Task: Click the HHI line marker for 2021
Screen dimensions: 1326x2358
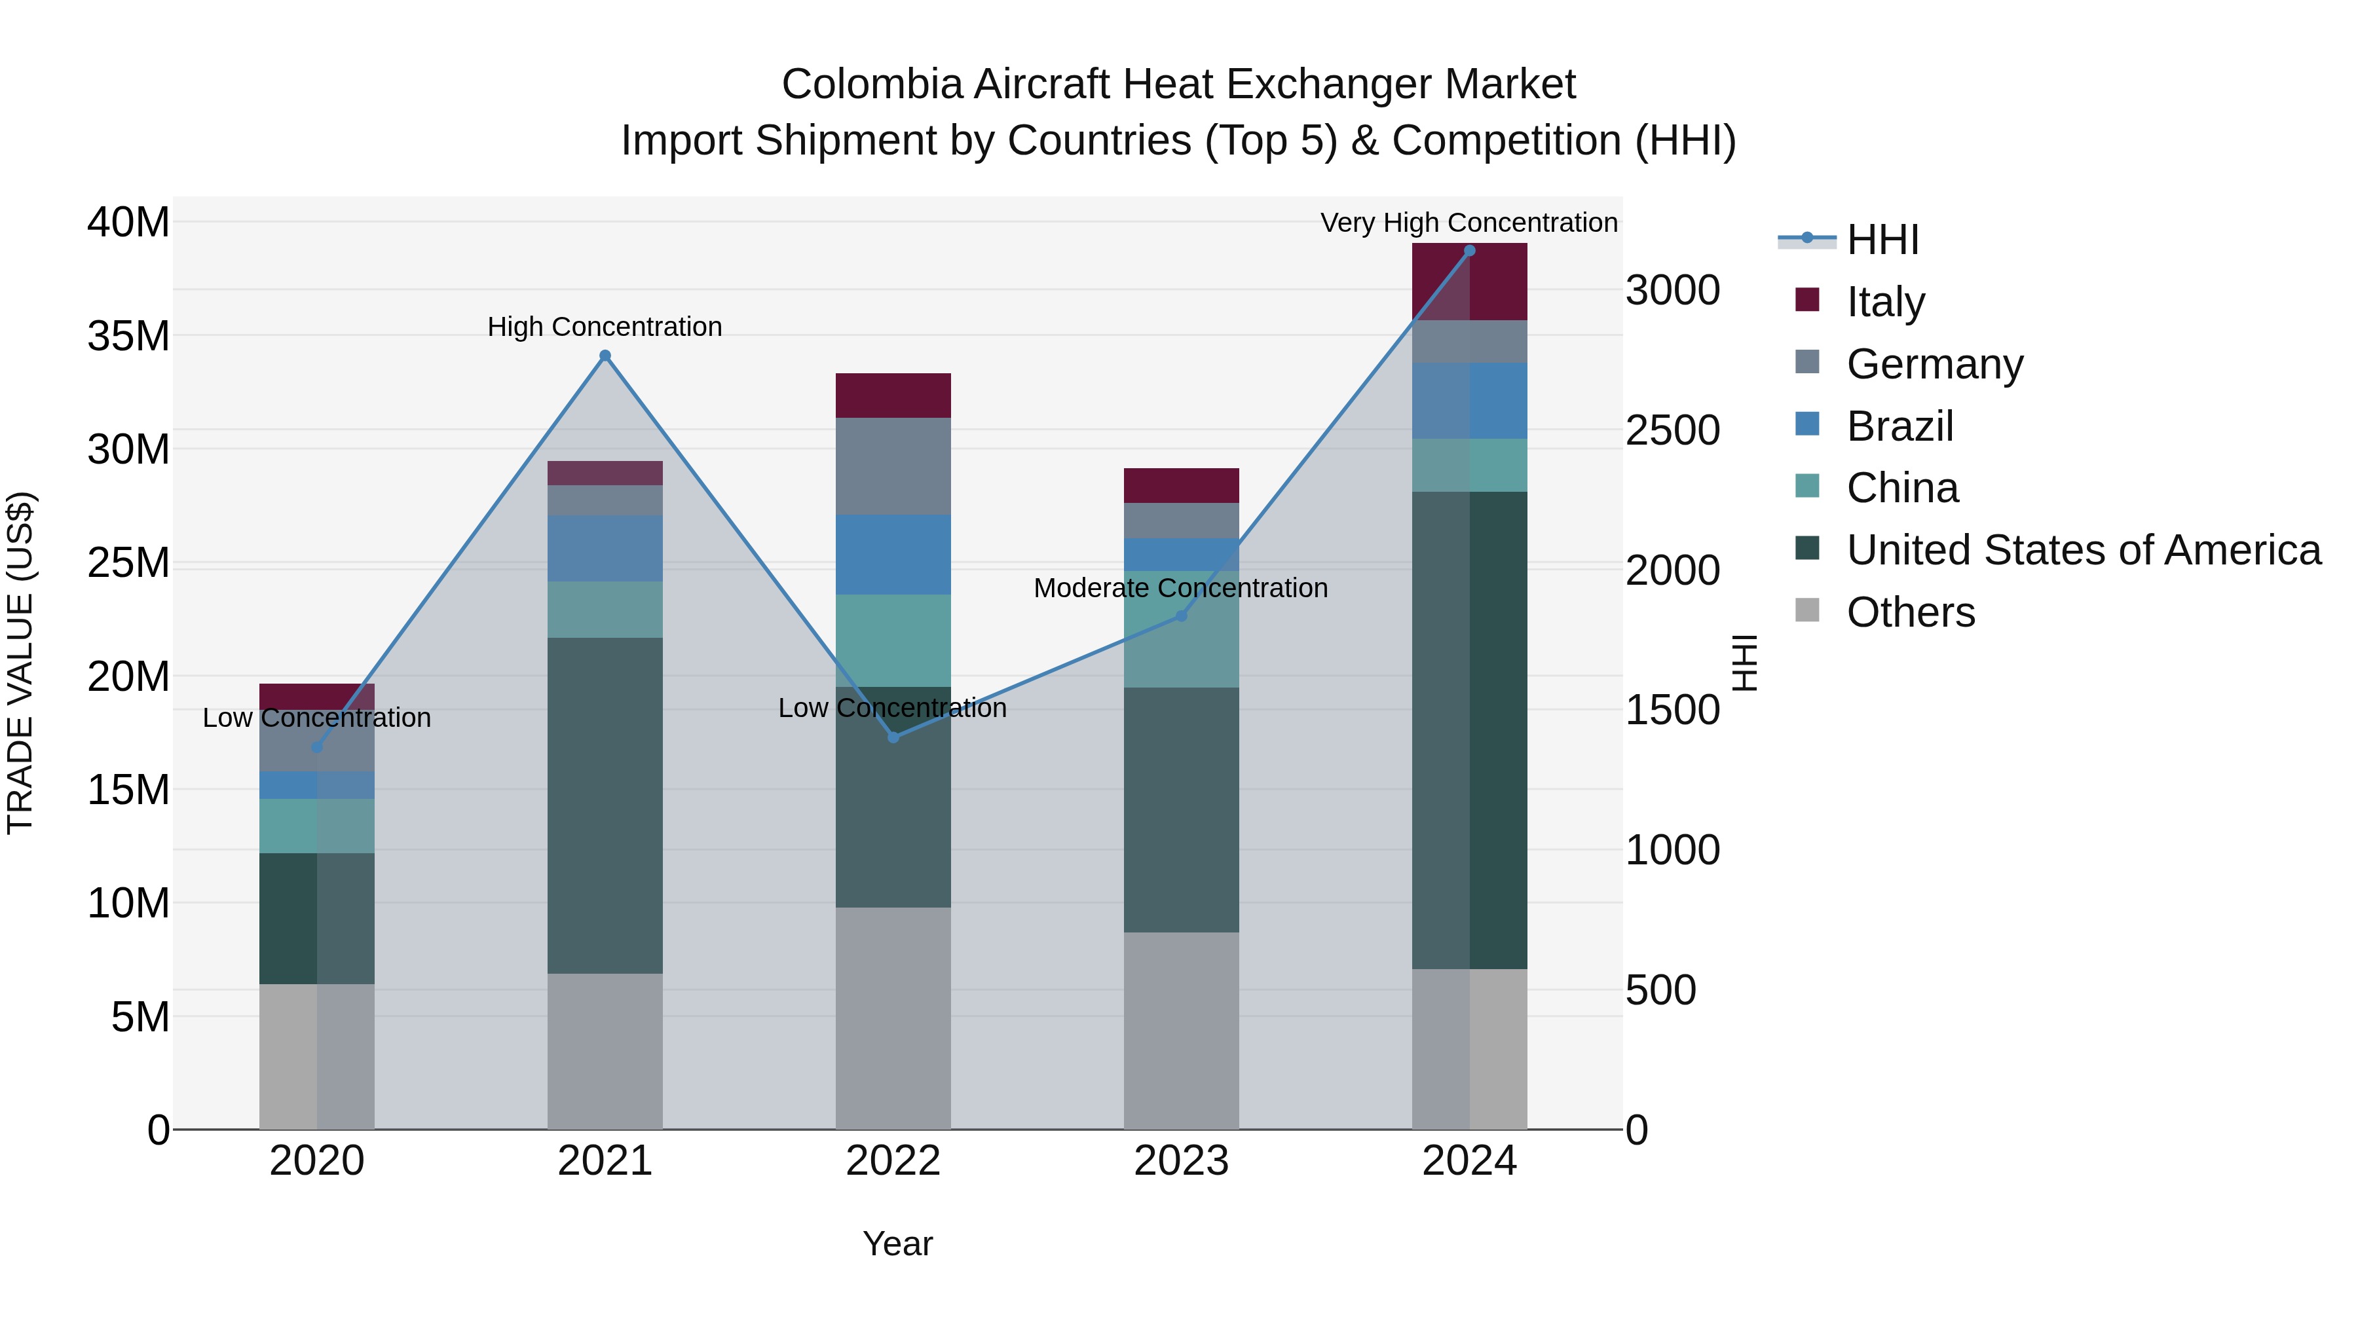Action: [605, 356]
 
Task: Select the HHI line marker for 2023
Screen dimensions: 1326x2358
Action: [1181, 616]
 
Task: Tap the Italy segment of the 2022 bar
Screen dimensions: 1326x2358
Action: [893, 396]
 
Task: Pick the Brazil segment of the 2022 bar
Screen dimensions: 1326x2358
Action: [893, 555]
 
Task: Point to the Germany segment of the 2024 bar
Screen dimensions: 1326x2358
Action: [1469, 341]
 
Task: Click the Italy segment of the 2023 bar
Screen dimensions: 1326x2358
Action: [1181, 485]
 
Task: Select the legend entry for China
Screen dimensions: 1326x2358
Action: [1901, 488]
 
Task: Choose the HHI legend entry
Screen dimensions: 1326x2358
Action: [1881, 240]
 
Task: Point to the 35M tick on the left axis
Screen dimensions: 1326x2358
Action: [128, 336]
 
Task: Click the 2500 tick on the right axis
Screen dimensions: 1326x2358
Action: [1672, 431]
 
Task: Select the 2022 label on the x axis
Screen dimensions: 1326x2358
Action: [893, 1161]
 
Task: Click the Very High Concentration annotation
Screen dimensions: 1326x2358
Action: [1469, 223]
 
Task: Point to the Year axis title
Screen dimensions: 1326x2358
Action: [897, 1243]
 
